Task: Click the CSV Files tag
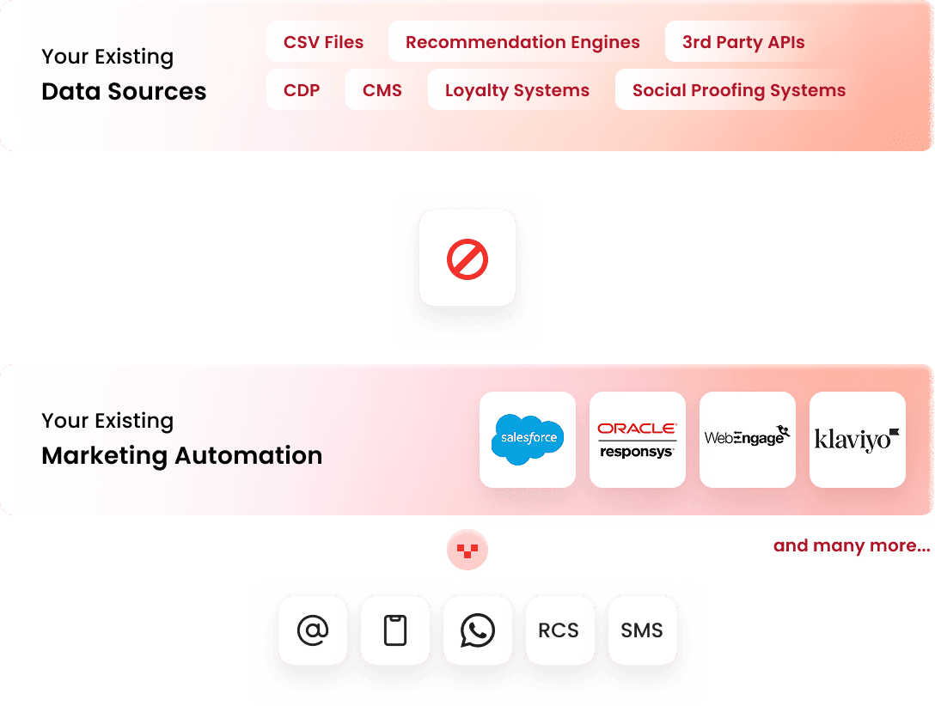323,42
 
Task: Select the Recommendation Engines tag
522,42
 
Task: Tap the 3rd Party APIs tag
743,42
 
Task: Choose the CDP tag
302,90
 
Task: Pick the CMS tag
382,90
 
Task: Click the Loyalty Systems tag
517,90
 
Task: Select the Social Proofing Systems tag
739,90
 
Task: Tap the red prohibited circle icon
467,258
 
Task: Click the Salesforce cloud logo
528,439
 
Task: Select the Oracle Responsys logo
638,439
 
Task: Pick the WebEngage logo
748,437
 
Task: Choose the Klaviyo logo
858,439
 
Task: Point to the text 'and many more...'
851,545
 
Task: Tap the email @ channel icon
313,630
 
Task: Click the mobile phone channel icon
395,630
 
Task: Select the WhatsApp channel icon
478,630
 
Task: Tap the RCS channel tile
559,630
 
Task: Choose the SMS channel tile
642,630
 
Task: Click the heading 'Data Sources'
124,92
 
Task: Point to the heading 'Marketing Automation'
182,455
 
